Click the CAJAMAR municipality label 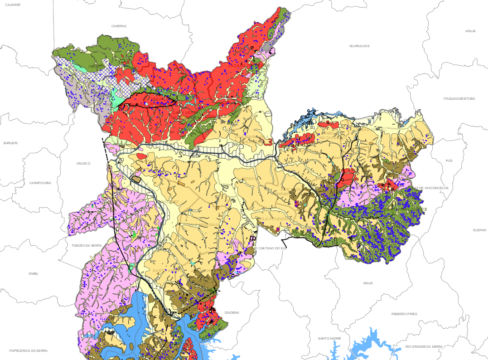point(14,4)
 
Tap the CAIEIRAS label point(119,26)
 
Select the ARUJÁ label point(470,31)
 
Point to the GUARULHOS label point(359,46)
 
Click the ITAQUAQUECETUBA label point(459,98)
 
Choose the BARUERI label point(10,143)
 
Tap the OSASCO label point(83,163)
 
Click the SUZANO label point(479,230)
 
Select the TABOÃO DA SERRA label point(87,245)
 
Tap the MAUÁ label point(368,283)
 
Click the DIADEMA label point(232,312)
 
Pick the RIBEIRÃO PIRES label point(404,314)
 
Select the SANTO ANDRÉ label point(329,338)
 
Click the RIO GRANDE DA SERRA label point(424,346)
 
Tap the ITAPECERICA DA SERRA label point(28,350)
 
